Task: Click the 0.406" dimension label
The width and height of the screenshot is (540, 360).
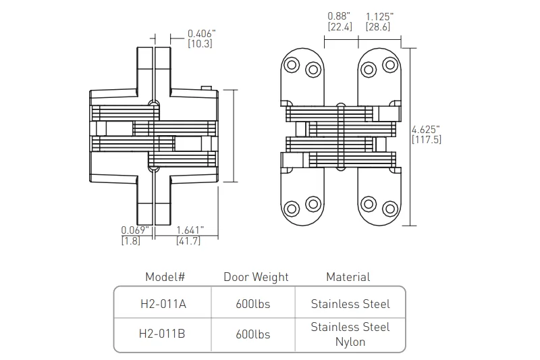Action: [202, 34]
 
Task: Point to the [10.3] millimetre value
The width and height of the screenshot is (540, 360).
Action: [200, 44]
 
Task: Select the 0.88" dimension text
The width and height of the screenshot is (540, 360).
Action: [339, 16]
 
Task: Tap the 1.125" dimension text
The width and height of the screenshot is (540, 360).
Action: [379, 16]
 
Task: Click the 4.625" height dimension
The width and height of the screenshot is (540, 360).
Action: [426, 130]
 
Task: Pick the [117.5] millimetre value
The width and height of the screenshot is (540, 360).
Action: [427, 140]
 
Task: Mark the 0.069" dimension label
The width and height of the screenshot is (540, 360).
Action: [135, 230]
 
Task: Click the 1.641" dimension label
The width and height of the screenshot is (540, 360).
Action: [190, 230]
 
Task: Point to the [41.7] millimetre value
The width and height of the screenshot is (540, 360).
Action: [188, 240]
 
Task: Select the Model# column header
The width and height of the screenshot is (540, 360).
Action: [165, 277]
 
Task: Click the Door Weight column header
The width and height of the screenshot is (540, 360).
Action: [256, 277]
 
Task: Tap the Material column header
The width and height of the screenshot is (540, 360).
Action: [348, 277]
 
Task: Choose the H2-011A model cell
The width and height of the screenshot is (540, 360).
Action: [163, 304]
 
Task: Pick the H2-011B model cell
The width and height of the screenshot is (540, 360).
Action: [162, 334]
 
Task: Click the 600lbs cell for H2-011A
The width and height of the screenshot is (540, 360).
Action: [253, 304]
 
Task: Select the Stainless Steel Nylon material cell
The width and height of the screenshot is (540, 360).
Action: [350, 334]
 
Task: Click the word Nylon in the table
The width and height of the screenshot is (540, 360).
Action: [350, 342]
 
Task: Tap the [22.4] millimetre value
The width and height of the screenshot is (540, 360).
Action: [340, 26]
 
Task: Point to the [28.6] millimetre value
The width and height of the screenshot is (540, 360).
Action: [378, 26]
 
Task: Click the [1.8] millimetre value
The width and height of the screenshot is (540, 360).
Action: [131, 240]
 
